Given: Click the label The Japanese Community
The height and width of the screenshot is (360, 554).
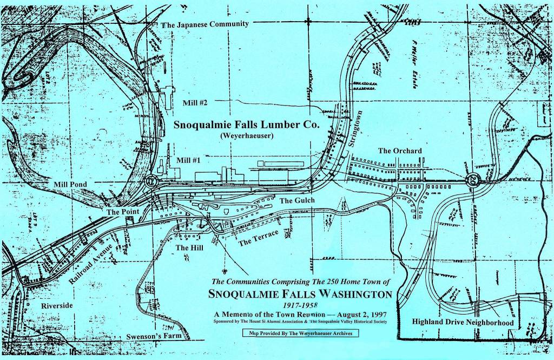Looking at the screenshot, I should pyautogui.click(x=205, y=24).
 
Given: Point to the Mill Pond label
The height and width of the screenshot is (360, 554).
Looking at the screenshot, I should pyautogui.click(x=70, y=184).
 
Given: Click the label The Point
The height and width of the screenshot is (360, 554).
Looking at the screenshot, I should pyautogui.click(x=122, y=212).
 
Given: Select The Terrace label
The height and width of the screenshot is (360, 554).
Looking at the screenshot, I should pyautogui.click(x=259, y=238).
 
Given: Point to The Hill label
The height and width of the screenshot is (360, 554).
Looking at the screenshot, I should pyautogui.click(x=189, y=248).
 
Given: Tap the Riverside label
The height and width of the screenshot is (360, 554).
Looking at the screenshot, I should pyautogui.click(x=57, y=306).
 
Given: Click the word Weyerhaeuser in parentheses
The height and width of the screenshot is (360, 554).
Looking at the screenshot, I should pyautogui.click(x=246, y=135).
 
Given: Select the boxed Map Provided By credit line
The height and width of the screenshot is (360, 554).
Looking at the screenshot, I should pyautogui.click(x=297, y=333).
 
